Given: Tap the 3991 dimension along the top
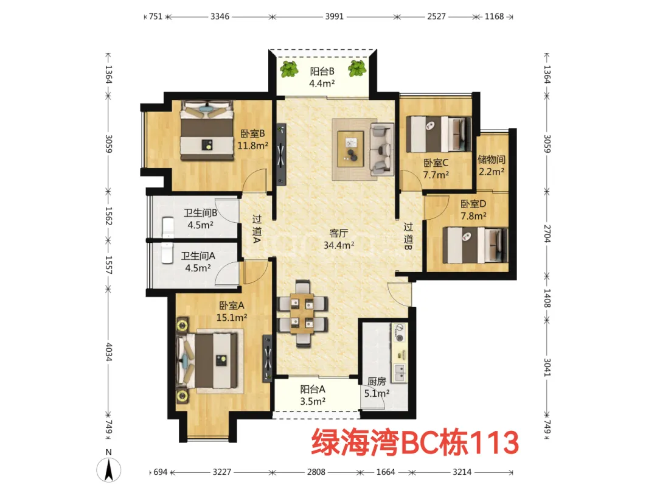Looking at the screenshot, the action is coord(335,17).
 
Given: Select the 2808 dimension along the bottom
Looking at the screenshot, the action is coord(316,472).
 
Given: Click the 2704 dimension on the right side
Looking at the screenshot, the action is coord(547,234).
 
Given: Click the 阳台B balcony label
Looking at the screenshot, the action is coord(322,72).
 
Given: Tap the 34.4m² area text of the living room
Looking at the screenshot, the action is coord(339,245).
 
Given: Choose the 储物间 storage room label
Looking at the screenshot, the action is coord(492,159).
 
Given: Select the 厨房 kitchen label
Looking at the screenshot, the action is coord(377,381).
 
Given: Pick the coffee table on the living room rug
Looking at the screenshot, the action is coord(351,149).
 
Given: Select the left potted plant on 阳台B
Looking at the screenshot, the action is coord(289,69).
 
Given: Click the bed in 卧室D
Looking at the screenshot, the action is coord(474,245).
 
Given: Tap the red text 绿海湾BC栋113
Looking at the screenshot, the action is coord(415,442).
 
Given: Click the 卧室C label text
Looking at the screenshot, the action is coord(436,163).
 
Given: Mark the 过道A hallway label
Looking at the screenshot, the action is coord(257,229).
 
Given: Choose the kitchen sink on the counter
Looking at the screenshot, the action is coord(400,372).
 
